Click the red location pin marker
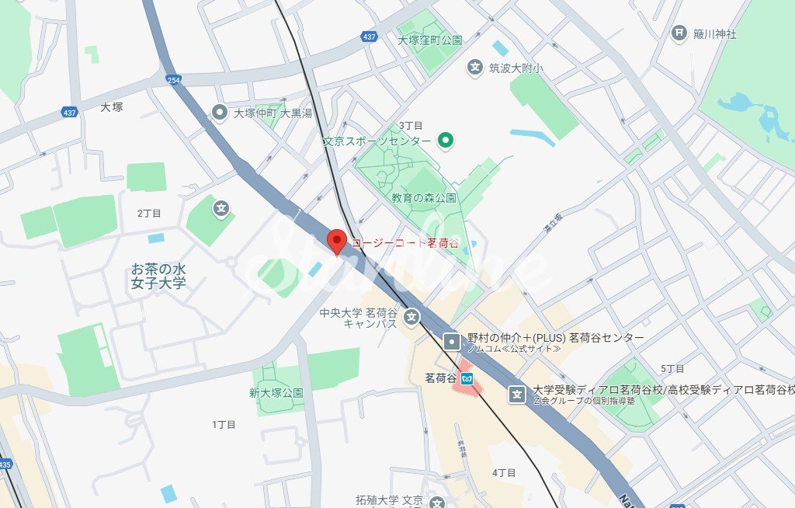pyautogui.click(x=336, y=240)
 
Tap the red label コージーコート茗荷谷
pyautogui.click(x=404, y=243)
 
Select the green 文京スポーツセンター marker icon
pyautogui.click(x=446, y=141)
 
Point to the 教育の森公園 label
pyautogui.click(x=424, y=198)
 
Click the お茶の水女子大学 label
pyautogui.click(x=158, y=277)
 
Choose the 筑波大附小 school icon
pyautogui.click(x=474, y=68)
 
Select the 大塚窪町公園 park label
pyautogui.click(x=429, y=40)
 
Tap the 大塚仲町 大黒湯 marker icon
pyautogui.click(x=220, y=113)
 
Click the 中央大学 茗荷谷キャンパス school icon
pyautogui.click(x=411, y=317)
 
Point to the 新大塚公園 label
pyautogui.click(x=276, y=393)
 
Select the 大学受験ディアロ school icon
pyautogui.click(x=517, y=394)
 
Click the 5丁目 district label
pyautogui.click(x=672, y=368)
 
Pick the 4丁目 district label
pyautogui.click(x=504, y=472)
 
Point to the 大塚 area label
pyautogui.click(x=112, y=106)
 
